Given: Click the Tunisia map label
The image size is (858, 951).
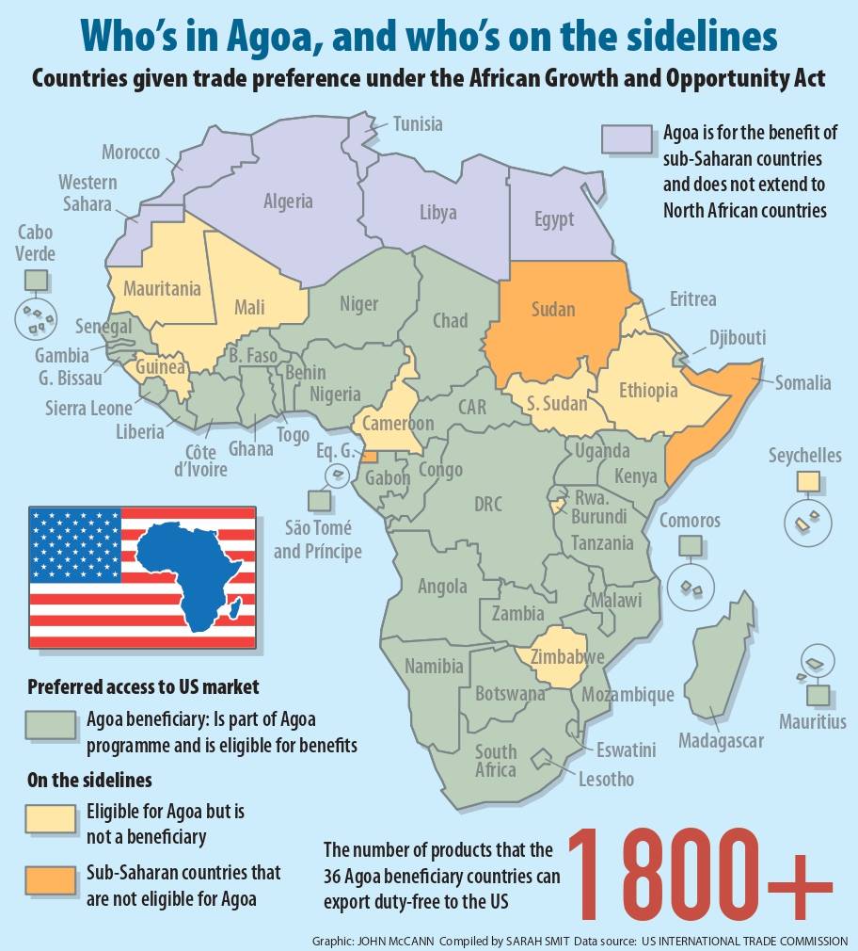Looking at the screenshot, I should tap(418, 123).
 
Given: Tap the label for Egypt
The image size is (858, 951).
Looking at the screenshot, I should tap(553, 218).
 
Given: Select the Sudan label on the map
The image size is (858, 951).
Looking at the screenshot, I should tap(553, 309).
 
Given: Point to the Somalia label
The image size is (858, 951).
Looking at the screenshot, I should tap(802, 382).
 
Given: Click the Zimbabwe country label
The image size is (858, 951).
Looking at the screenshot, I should tap(566, 656).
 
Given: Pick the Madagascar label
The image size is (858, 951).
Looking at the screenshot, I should tap(721, 741).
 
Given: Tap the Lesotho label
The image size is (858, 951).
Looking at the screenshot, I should tap(606, 779).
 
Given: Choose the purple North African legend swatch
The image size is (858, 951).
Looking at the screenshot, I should tap(627, 137).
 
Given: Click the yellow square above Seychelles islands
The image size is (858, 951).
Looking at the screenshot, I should tap(807, 482).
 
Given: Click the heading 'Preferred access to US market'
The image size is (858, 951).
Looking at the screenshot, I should tap(143, 686).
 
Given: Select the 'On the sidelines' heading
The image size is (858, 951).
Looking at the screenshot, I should tap(90, 781).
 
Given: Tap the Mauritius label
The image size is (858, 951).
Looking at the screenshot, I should tap(812, 722).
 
